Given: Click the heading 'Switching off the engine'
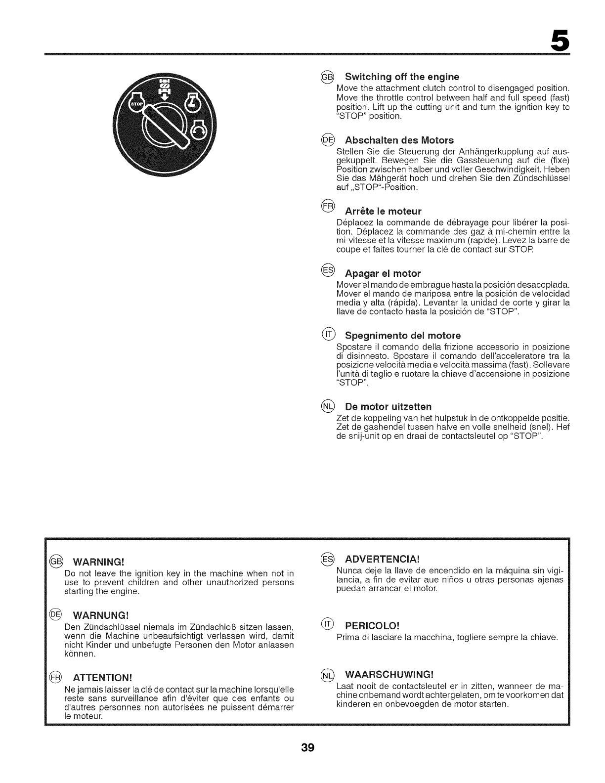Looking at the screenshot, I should click(402, 77).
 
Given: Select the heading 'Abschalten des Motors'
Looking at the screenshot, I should click(399, 140).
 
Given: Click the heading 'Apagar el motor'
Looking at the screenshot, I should click(383, 273).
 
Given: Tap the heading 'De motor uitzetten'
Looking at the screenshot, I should click(388, 406).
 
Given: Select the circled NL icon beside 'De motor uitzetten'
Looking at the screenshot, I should click(328, 406).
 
